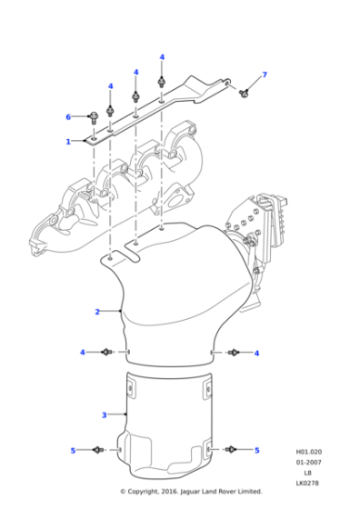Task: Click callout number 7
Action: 265,74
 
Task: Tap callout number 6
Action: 67,116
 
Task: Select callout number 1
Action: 67,142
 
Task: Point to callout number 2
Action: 96,312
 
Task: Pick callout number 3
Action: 104,415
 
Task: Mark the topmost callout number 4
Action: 162,57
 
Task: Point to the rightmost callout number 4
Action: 256,353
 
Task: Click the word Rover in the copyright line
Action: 234,492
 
